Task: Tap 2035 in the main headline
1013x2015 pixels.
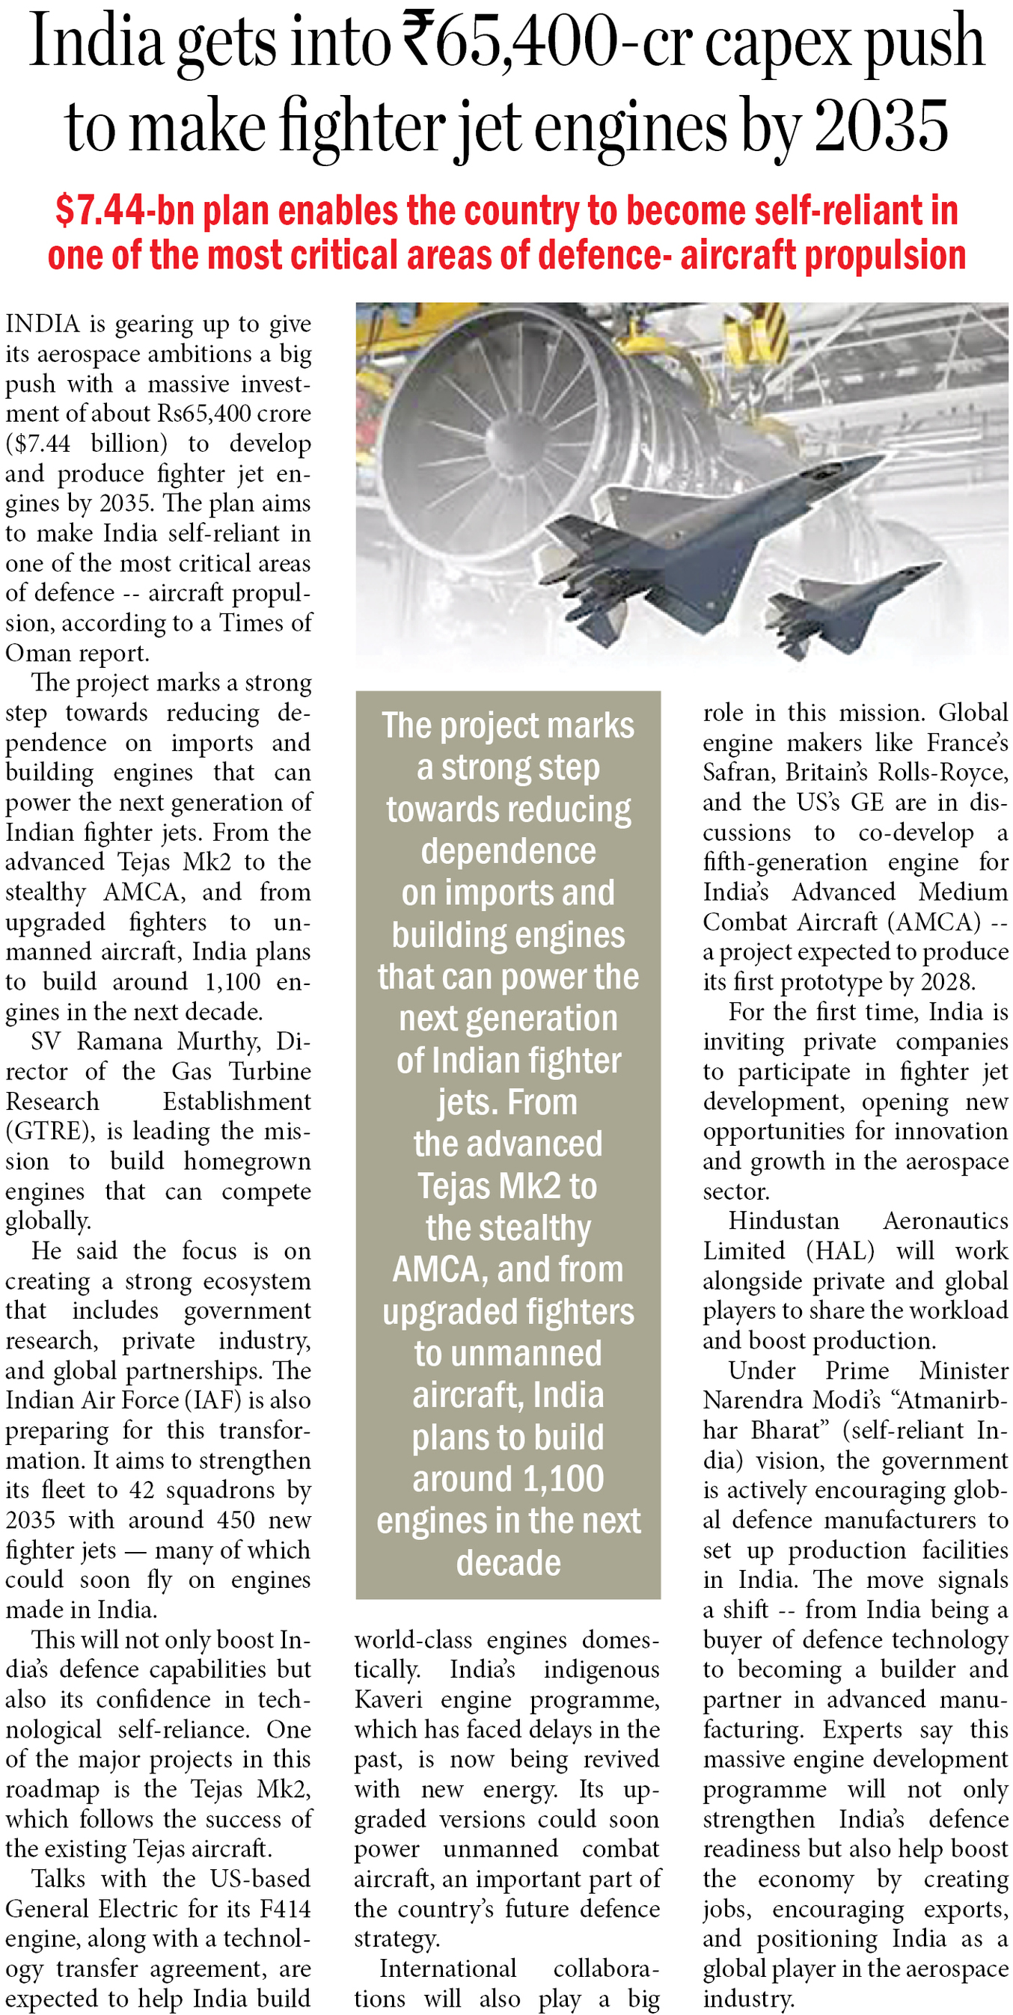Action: pos(881,126)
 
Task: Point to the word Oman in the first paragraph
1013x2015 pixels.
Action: pos(34,652)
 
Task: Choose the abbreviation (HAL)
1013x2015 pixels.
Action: pos(840,1251)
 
